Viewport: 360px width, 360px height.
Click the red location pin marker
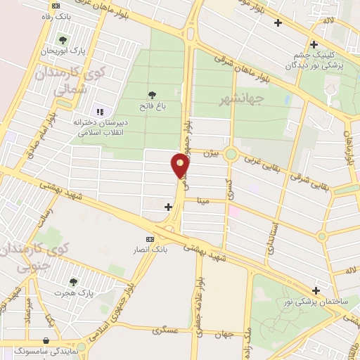pos(180,165)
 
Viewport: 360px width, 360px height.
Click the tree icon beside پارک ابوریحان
pos(63,40)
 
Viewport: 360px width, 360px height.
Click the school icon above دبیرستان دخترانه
pos(99,112)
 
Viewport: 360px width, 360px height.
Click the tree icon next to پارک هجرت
pos(63,282)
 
